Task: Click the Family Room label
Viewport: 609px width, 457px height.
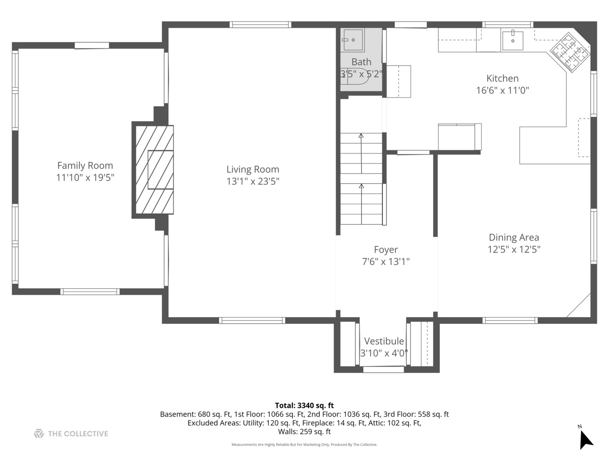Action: [x=85, y=165]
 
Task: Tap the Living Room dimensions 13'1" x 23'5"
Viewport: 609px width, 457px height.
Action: [x=252, y=181]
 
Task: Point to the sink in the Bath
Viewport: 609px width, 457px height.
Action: [x=353, y=40]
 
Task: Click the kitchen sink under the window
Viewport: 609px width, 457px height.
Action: [x=513, y=41]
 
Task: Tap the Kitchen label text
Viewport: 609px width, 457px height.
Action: [x=502, y=78]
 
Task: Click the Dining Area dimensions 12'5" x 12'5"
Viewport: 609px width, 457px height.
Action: [x=514, y=249]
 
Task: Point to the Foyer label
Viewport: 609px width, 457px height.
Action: [x=386, y=250]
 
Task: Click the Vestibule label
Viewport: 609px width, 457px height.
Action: [x=384, y=341]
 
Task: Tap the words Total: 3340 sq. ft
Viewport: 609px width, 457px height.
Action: [x=304, y=405]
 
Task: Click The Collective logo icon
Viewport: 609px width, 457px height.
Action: [x=39, y=434]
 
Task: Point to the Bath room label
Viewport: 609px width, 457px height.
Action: [x=361, y=62]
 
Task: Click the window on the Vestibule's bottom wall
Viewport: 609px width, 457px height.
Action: [x=384, y=370]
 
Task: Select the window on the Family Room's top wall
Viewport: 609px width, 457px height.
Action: [x=92, y=45]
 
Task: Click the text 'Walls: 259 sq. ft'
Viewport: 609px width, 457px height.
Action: [x=304, y=432]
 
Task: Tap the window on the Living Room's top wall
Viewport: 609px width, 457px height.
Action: [x=260, y=25]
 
